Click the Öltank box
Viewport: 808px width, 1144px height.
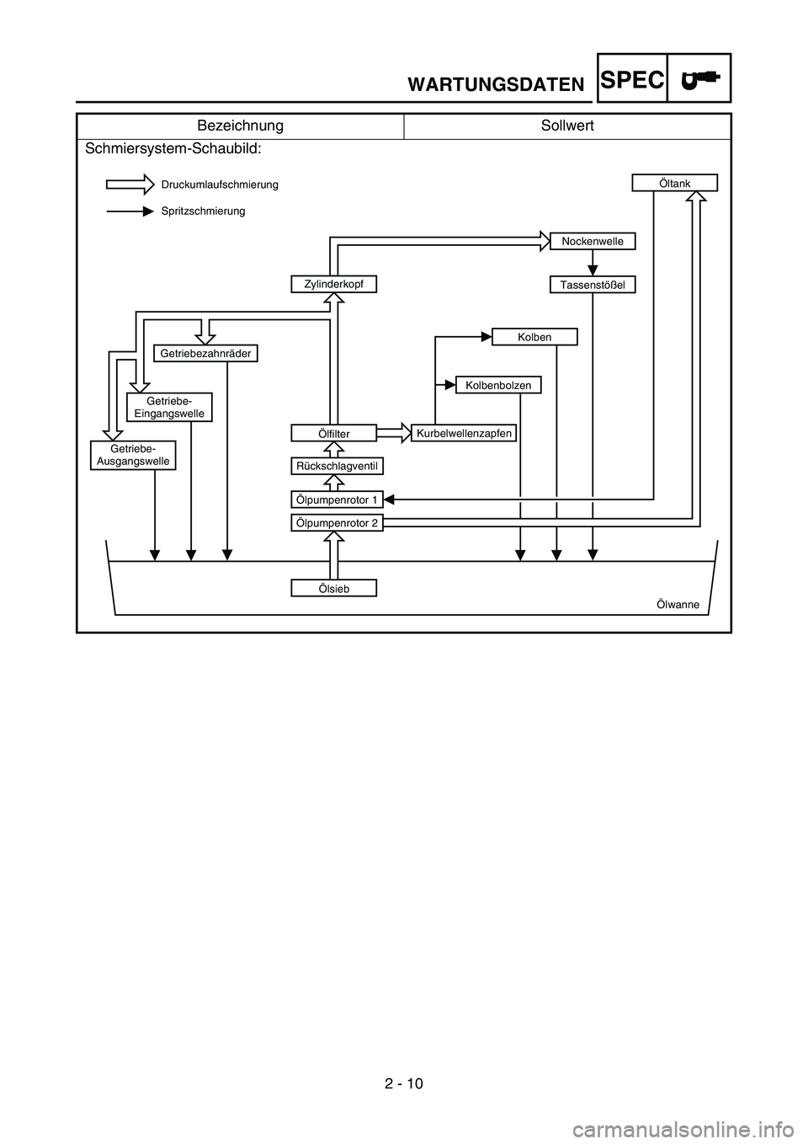[x=675, y=183]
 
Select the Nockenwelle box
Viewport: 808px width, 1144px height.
[x=593, y=241]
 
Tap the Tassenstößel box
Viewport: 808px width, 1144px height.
[x=593, y=285]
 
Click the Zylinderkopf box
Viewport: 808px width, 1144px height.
[x=334, y=284]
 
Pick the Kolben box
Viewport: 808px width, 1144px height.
[x=534, y=337]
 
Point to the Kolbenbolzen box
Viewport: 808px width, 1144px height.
[x=498, y=385]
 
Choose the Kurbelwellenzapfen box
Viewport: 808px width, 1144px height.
[x=464, y=433]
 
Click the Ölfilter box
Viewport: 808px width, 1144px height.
[x=334, y=433]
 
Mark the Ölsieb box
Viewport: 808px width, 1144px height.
[x=334, y=588]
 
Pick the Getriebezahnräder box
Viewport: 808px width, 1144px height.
[x=205, y=353]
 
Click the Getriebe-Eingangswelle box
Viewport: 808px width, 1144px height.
[x=169, y=407]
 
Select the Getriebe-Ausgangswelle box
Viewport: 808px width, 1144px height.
[x=133, y=455]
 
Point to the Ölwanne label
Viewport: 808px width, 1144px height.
[x=678, y=604]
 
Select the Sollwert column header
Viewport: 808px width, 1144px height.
[x=567, y=126]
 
